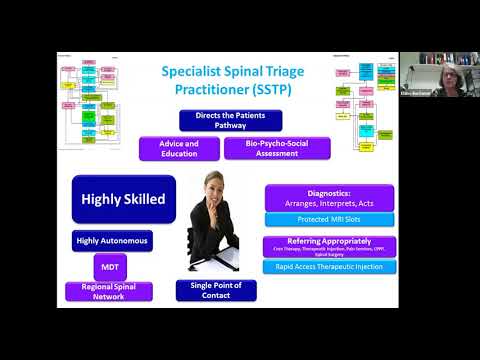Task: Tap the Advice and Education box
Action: (179, 148)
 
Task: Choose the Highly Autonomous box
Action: (111, 241)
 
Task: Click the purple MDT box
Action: (111, 266)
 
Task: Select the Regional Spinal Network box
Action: (111, 291)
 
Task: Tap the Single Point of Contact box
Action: (215, 291)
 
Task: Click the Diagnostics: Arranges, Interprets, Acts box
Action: (329, 197)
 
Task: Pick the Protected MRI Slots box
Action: (329, 219)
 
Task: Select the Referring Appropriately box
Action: (329, 246)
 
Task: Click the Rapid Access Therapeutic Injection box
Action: (329, 267)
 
